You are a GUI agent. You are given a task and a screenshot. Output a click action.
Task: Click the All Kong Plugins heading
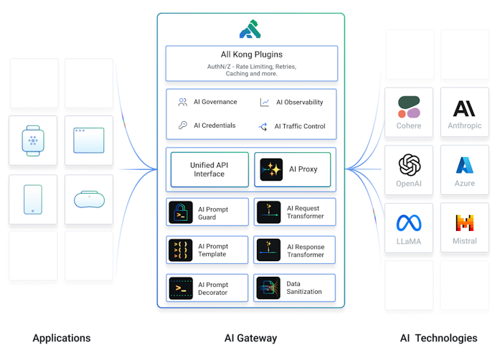click(x=251, y=55)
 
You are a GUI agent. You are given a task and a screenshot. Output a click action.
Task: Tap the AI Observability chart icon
click(x=265, y=103)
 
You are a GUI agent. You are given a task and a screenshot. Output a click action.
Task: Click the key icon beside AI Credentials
click(x=183, y=125)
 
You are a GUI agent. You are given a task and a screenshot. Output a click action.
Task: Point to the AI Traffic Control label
click(x=301, y=126)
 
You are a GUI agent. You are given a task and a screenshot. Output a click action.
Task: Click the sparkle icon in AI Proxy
click(x=272, y=169)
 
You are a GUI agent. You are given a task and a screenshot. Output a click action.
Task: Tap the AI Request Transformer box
click(x=295, y=212)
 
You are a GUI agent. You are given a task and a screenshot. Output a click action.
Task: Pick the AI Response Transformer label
click(x=306, y=250)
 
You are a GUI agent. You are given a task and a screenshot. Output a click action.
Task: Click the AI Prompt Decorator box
click(x=208, y=288)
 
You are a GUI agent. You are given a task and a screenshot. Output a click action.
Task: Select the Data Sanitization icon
click(x=268, y=288)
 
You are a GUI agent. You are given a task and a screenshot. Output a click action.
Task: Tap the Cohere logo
click(x=409, y=108)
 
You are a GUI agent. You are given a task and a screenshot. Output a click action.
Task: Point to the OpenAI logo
click(x=409, y=165)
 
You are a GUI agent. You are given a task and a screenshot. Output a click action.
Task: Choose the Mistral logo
click(x=465, y=223)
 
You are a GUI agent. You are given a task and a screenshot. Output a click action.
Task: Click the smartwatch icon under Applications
click(x=33, y=141)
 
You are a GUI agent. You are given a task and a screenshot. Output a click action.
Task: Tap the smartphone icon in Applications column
click(x=33, y=199)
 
